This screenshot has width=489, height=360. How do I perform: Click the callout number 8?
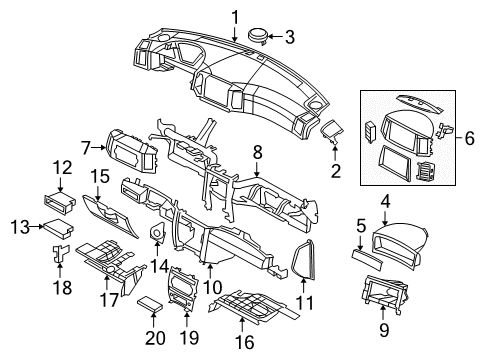pyautogui.click(x=257, y=153)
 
